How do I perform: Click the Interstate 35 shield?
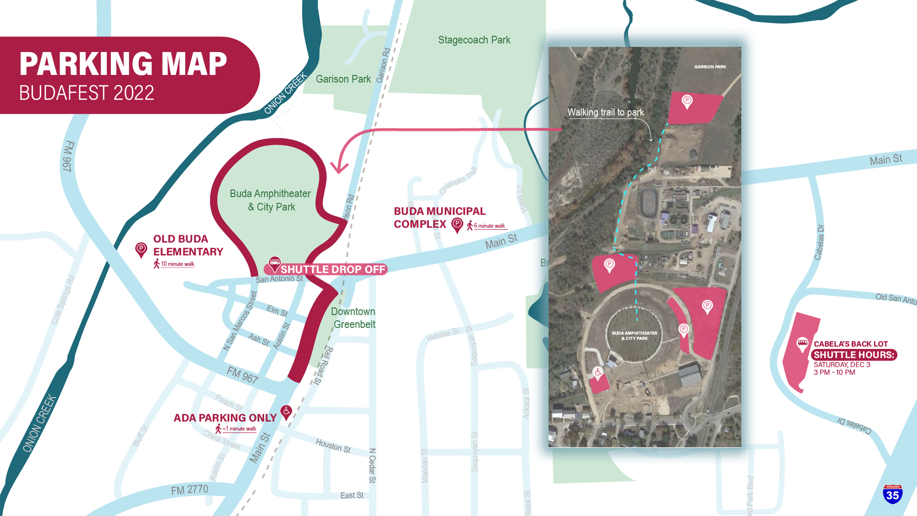click(893, 494)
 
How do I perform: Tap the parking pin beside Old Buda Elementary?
click(141, 249)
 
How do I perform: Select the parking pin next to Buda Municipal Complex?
click(457, 224)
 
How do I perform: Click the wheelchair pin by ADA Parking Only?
click(286, 411)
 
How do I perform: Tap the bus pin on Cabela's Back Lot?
click(802, 344)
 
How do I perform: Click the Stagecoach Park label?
click(474, 40)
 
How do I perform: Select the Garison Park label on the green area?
click(343, 79)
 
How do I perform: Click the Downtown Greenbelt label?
click(354, 318)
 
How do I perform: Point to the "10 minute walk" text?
click(178, 264)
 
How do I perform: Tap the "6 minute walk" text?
click(489, 226)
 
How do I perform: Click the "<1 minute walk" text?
click(240, 429)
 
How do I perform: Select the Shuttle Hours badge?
click(854, 355)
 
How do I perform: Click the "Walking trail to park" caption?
click(605, 112)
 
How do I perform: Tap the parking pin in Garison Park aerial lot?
click(687, 101)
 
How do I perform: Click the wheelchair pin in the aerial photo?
click(598, 372)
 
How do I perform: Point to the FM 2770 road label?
click(190, 490)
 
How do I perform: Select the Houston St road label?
click(333, 446)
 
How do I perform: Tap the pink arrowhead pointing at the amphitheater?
click(340, 168)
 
